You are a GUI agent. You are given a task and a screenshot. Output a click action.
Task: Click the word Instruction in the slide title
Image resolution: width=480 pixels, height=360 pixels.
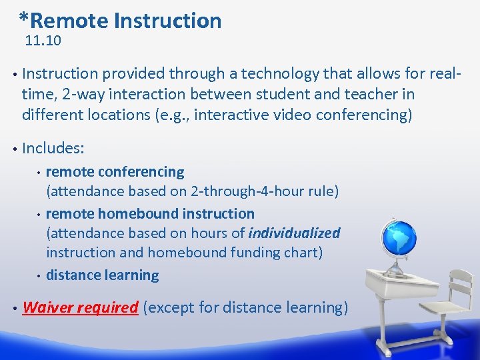[167, 21]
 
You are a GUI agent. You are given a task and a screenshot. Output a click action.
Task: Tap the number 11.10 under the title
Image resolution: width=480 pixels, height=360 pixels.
[43, 41]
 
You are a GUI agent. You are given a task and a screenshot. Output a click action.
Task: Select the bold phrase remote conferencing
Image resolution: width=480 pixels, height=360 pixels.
[115, 171]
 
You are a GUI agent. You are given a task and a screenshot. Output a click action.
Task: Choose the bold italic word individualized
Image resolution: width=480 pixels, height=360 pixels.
[293, 233]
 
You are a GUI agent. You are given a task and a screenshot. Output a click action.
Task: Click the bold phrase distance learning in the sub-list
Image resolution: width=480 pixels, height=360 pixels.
[102, 275]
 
